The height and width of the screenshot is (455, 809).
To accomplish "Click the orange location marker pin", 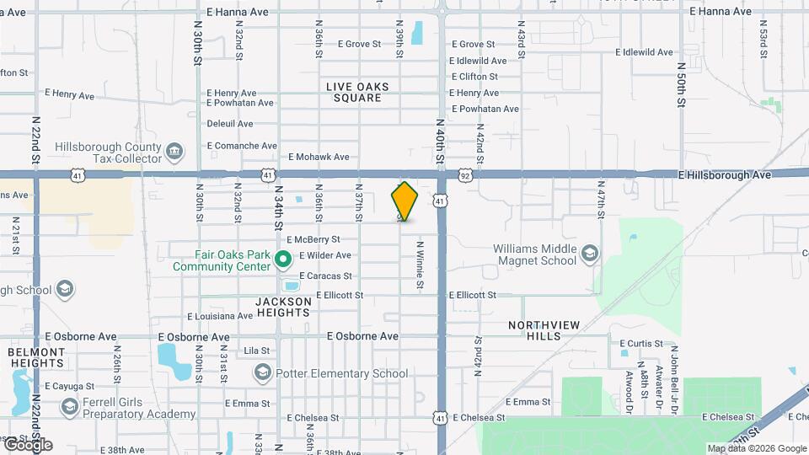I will (x=404, y=201).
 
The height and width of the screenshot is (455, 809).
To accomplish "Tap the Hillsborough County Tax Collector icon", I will (x=174, y=152).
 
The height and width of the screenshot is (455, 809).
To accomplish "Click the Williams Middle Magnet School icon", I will (x=589, y=254).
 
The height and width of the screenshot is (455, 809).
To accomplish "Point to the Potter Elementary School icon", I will (x=263, y=373).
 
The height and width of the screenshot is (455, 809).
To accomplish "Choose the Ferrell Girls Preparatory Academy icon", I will (x=69, y=408).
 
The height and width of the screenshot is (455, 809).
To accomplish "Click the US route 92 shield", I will (x=464, y=175).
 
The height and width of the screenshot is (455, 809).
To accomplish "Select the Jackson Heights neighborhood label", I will (x=283, y=307).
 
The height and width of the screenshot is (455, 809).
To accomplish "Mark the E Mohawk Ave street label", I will (x=319, y=157).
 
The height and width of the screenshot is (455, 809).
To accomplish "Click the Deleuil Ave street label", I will (x=230, y=124).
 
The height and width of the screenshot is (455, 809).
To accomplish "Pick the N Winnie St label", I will (x=419, y=265).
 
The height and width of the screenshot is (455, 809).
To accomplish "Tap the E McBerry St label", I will (x=313, y=239).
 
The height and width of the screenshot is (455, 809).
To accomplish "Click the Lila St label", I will (x=256, y=351).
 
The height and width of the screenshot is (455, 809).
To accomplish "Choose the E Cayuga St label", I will (x=70, y=386).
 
